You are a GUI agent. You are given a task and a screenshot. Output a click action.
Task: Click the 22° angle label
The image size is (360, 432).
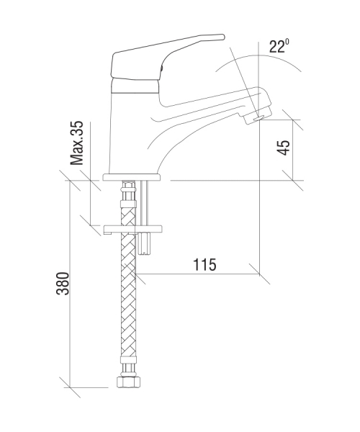[x=279, y=46]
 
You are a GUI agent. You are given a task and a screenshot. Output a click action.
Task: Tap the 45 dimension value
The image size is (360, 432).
[x=284, y=148]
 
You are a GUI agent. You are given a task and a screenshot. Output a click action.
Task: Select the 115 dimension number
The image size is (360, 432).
[x=204, y=264]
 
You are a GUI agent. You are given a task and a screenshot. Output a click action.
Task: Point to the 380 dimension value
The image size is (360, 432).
[x=63, y=284]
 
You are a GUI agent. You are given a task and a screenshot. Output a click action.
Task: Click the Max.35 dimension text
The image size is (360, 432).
[x=76, y=143]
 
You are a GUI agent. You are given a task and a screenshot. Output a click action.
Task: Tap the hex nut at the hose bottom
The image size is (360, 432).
[x=128, y=382]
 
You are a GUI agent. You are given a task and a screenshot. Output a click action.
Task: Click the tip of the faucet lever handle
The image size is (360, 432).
[x=223, y=37]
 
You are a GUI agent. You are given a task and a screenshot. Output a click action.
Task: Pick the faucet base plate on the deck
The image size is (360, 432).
[x=131, y=177]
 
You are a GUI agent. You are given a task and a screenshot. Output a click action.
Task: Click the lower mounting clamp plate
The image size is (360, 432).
[x=132, y=229]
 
